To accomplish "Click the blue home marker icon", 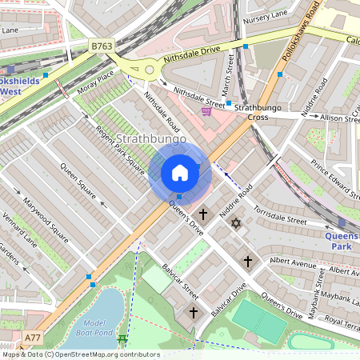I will pyautogui.click(x=180, y=172).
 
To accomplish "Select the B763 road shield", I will pyautogui.click(x=102, y=46).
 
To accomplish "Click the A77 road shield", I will pyautogui.click(x=33, y=338).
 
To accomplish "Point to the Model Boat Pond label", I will pyautogui.click(x=94, y=327).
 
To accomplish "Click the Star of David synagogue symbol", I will pyautogui.click(x=235, y=222).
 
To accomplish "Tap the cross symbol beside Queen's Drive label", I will pyautogui.click(x=204, y=214).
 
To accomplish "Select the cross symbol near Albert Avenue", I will pyautogui.click(x=248, y=261).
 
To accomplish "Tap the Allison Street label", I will pyautogui.click(x=338, y=118).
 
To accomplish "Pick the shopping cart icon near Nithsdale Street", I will pyautogui.click(x=207, y=111).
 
